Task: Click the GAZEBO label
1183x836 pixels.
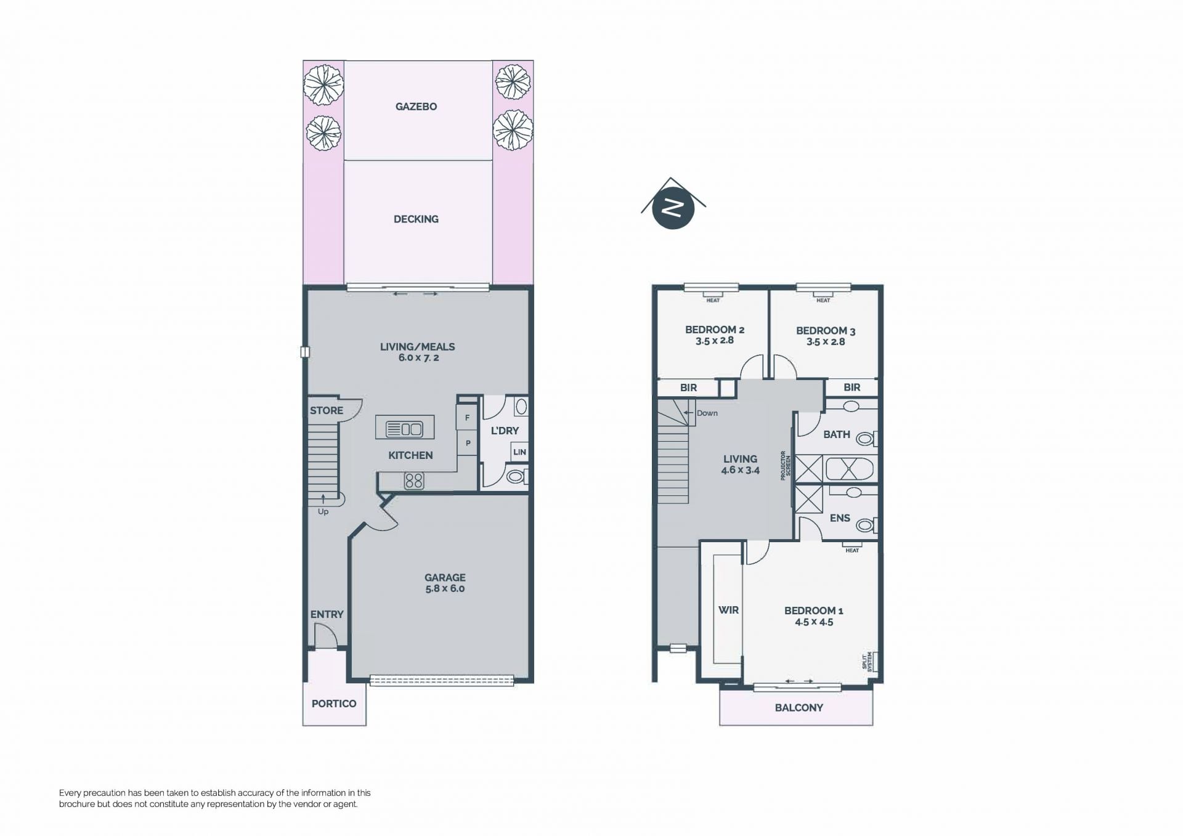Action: [x=416, y=107]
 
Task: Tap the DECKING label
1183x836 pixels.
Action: [x=416, y=219]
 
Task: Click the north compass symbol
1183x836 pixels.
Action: [x=673, y=205]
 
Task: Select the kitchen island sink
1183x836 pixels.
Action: [x=404, y=428]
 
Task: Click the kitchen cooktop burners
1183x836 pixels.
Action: [x=414, y=481]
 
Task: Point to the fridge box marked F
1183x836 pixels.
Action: [x=467, y=418]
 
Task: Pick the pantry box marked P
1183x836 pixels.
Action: [x=468, y=443]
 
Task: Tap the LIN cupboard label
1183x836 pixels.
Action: [x=519, y=452]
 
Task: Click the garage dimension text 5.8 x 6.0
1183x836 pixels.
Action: [x=445, y=588]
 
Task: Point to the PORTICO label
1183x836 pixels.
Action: [x=334, y=704]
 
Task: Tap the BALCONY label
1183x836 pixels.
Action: [x=799, y=708]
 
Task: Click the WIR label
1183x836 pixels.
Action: [x=728, y=610]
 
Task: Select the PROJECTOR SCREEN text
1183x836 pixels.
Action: [x=786, y=466]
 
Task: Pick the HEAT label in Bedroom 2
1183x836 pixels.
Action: [x=713, y=300]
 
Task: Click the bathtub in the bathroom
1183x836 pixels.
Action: [x=849, y=468]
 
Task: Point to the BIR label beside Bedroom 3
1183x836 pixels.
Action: [x=852, y=388]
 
